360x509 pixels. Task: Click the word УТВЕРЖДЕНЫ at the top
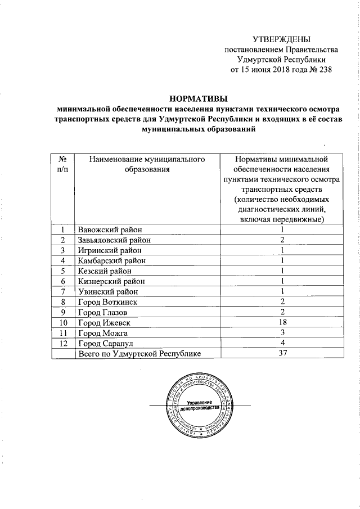(x=281, y=39)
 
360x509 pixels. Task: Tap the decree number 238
(x=325, y=70)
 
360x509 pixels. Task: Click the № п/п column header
(x=62, y=165)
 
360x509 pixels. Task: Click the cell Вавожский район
(x=110, y=229)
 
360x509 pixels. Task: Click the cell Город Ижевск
(x=105, y=322)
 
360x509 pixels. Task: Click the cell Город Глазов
(x=104, y=312)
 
